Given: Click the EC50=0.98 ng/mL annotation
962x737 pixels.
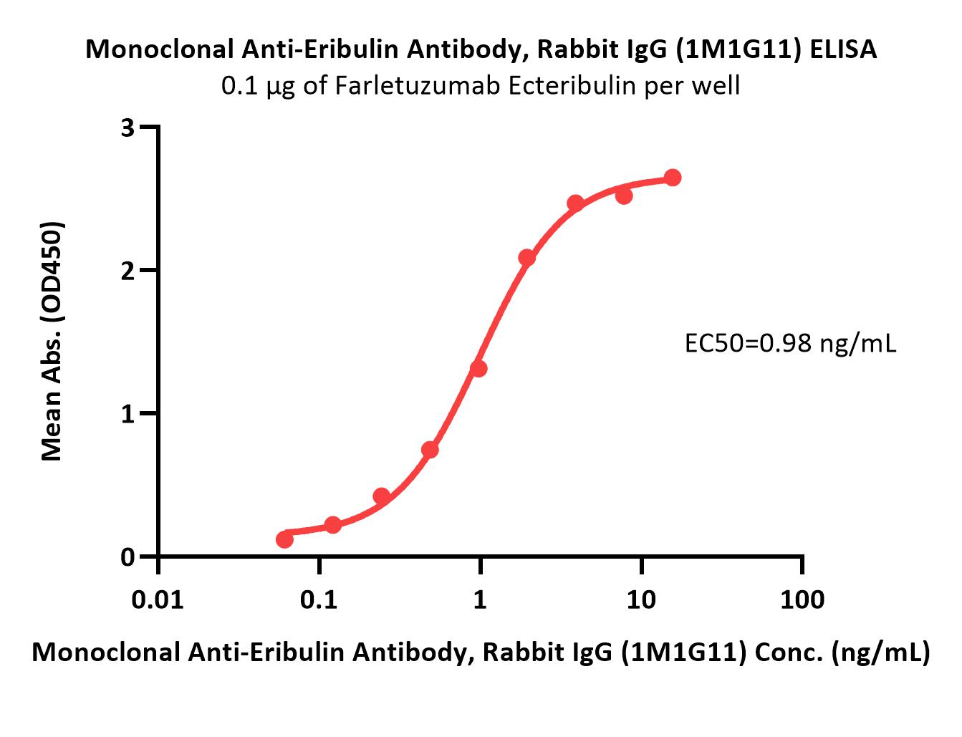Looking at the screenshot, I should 790,344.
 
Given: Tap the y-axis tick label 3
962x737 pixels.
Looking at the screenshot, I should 128,127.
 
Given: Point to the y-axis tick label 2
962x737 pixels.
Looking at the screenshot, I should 128,271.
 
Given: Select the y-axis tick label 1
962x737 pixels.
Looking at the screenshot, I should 128,414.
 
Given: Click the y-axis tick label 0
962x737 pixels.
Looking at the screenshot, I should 128,557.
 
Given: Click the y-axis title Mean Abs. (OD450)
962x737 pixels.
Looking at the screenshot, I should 52,341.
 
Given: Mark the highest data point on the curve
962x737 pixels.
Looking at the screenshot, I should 672,178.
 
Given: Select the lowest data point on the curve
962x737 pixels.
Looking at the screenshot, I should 284,539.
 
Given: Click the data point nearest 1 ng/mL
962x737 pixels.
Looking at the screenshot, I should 478,369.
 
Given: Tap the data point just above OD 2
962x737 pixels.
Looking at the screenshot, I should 526,258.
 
